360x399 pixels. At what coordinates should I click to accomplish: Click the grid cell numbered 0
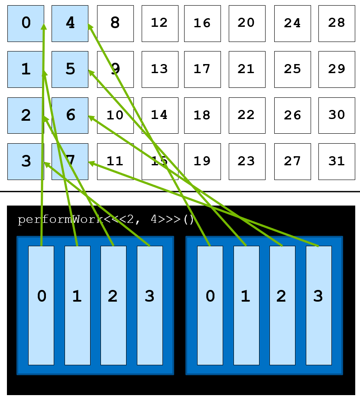click(x=26, y=23)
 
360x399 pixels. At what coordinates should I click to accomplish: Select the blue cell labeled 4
click(x=70, y=23)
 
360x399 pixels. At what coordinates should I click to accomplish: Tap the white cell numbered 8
click(x=115, y=23)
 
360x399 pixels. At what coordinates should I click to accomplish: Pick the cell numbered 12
click(x=160, y=23)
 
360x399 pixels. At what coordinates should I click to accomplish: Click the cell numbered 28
click(x=337, y=23)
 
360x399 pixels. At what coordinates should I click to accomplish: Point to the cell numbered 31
click(x=337, y=161)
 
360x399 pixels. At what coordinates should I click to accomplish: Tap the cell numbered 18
click(x=202, y=115)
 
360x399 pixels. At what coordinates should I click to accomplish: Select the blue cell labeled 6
click(x=70, y=115)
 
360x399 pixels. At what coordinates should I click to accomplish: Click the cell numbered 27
click(x=292, y=161)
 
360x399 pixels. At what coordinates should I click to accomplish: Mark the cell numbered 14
click(x=160, y=115)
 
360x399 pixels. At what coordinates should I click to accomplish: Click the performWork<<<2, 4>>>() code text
click(x=106, y=219)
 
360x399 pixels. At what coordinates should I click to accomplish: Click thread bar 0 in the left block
click(x=41, y=305)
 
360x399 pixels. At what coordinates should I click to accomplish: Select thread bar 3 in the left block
click(x=150, y=305)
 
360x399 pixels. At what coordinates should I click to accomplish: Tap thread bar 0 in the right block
click(x=210, y=305)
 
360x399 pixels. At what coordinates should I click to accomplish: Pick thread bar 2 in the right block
click(x=282, y=305)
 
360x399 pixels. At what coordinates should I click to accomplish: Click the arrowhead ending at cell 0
click(x=44, y=26)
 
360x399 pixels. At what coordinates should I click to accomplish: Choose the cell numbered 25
click(x=292, y=69)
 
